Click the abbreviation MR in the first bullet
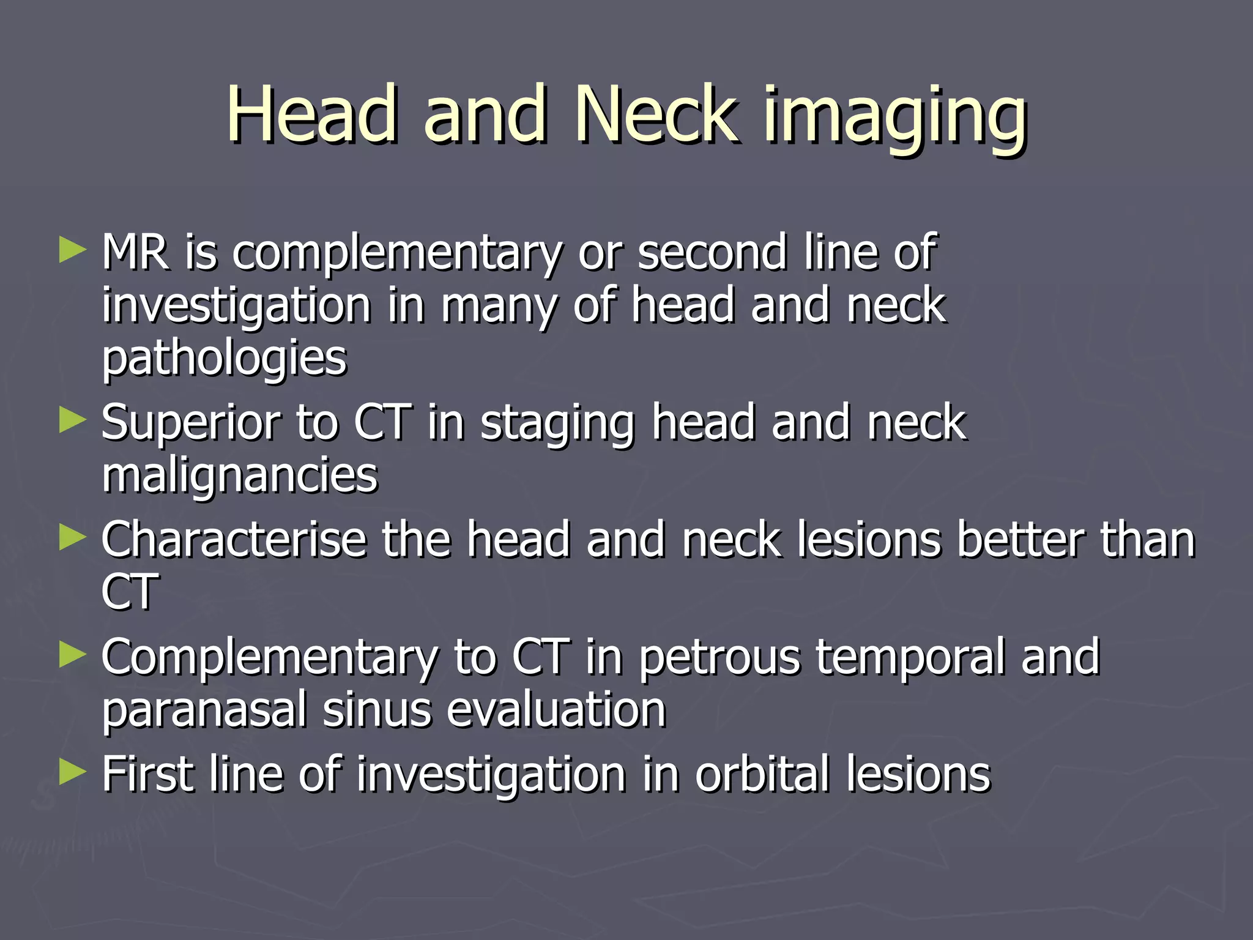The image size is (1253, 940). [x=136, y=252]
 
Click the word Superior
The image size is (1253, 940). [x=190, y=423]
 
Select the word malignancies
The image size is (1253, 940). [x=240, y=476]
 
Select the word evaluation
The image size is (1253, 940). [x=556, y=710]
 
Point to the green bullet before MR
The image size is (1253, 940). [x=72, y=250]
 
